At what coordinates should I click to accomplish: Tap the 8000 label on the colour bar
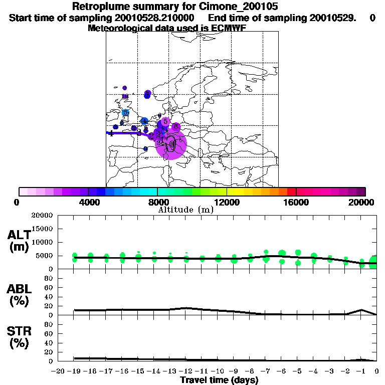point(157,203)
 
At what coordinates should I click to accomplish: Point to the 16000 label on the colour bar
point(296,203)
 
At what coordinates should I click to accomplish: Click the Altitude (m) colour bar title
point(185,210)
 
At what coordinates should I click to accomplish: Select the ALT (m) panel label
point(20,241)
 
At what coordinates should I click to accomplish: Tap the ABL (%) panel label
point(20,294)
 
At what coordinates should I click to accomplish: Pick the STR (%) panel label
point(20,337)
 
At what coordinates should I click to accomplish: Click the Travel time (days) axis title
point(219,380)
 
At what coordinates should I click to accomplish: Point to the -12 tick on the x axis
point(186,371)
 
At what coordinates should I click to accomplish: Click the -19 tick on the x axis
point(74,371)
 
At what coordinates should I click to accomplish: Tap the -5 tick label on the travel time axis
point(298,371)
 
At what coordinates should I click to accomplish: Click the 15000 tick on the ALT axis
point(44,229)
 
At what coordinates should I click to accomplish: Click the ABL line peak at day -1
point(361,310)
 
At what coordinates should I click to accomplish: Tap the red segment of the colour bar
point(291,191)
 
